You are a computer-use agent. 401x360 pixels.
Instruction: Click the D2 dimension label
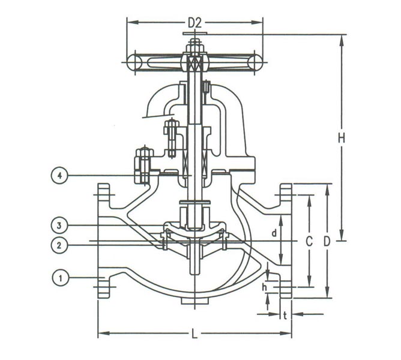(194, 23)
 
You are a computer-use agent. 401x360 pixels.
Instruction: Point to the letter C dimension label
(309, 242)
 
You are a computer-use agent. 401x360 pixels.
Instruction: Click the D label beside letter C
(327, 242)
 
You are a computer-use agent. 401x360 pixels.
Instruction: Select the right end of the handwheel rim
(256, 61)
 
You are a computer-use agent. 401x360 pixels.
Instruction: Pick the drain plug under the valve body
(193, 302)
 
